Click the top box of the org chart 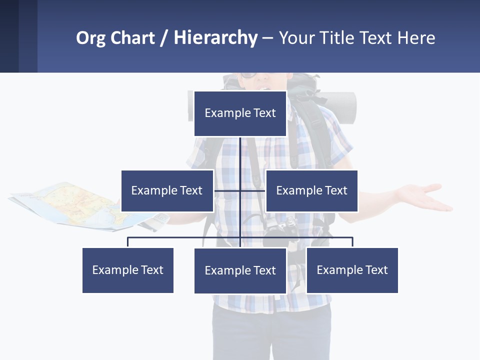pos(240,113)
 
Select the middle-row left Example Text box pos(167,190)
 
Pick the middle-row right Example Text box pos(311,190)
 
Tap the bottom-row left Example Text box pos(128,270)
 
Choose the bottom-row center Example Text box pos(240,270)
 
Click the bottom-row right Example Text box pos(352,270)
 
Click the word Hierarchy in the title pos(215,38)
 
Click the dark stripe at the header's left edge pos(9,36)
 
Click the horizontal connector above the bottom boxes pos(185,237)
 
